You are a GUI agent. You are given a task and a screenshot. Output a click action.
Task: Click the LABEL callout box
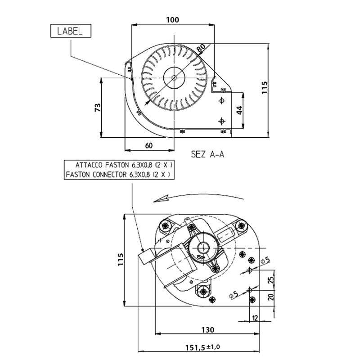(x=70, y=31)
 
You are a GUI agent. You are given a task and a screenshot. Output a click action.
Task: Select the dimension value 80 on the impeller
(x=201, y=47)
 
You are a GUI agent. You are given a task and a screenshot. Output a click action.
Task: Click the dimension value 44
(x=240, y=110)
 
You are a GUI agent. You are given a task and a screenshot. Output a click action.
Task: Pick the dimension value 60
(x=149, y=145)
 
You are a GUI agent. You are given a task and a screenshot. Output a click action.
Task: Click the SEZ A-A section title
(x=207, y=154)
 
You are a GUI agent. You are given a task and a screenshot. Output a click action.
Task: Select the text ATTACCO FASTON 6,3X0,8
(x=119, y=165)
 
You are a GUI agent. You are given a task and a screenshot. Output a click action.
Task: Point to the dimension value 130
(x=208, y=329)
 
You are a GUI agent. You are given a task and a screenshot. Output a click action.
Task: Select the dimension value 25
(x=270, y=280)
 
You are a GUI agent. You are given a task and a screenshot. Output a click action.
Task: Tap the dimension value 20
(x=270, y=297)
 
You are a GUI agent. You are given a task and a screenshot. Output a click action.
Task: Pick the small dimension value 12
(x=256, y=318)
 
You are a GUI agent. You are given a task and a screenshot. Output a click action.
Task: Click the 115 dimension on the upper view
(x=265, y=87)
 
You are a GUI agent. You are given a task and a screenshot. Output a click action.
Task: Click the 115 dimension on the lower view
(x=120, y=260)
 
